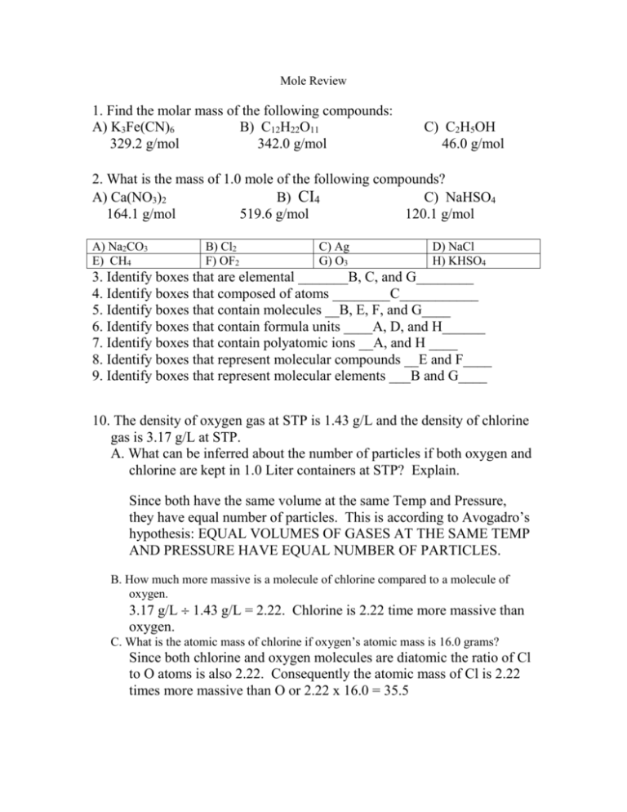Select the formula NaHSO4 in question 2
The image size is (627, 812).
pos(491,199)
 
